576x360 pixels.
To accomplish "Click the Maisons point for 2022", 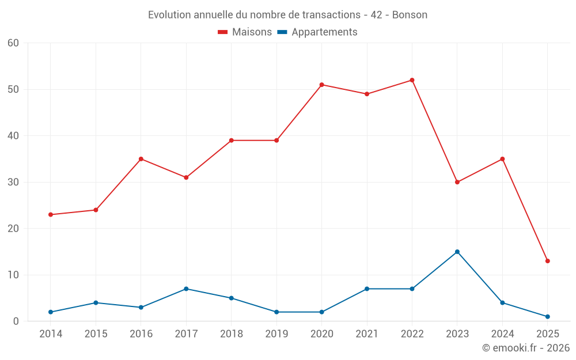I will [x=412, y=80].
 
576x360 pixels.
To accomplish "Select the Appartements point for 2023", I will [x=457, y=252].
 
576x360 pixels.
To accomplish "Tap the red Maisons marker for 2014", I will [x=51, y=214].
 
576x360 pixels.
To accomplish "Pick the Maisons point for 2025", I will [x=547, y=261].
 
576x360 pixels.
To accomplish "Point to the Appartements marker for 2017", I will [x=186, y=289].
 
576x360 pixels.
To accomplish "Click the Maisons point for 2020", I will [x=321, y=85].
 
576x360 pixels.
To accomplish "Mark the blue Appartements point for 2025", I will [x=547, y=316].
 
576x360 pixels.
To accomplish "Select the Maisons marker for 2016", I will [x=141, y=159].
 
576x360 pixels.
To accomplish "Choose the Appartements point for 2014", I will [x=51, y=312].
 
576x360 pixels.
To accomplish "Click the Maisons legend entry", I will [x=245, y=32].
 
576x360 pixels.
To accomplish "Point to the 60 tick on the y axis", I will [x=14, y=43].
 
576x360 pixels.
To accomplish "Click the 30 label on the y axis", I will [x=14, y=182].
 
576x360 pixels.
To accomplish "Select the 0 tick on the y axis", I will [x=17, y=321].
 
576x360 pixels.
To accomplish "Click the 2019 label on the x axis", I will [x=276, y=334].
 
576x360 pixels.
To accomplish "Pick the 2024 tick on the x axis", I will [x=502, y=334].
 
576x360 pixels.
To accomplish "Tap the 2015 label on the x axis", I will [x=96, y=334].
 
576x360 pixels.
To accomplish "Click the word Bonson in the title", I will [x=410, y=15].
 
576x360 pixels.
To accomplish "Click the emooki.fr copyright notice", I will [x=526, y=348].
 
